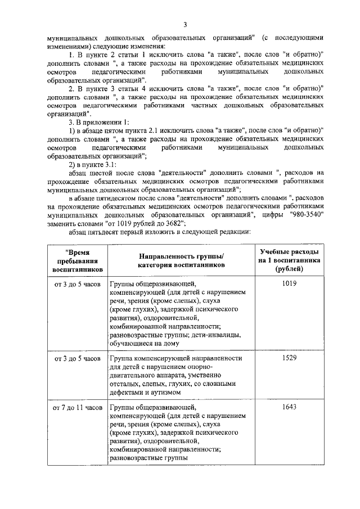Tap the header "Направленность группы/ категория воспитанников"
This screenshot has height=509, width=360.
(181, 262)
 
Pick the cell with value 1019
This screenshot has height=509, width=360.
(290, 283)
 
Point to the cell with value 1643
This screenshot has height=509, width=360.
(290, 407)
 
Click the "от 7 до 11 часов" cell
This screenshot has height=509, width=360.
(76, 407)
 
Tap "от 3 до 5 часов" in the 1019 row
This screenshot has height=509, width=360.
(76, 284)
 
